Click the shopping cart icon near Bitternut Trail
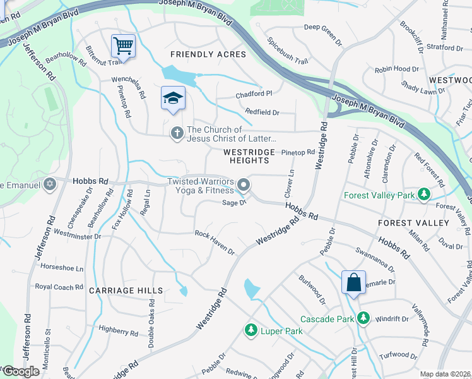[123, 45]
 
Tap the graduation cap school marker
[173, 98]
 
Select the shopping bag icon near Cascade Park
[353, 282]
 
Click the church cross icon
[177, 133]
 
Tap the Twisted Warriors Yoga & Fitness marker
[244, 186]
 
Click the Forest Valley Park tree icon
[425, 195]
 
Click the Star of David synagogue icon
[50, 185]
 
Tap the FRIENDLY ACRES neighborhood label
[208, 55]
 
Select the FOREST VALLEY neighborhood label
[413, 223]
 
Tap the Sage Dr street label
[233, 203]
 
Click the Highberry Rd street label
[119, 330]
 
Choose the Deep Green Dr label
[322, 27]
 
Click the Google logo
[21, 371]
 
